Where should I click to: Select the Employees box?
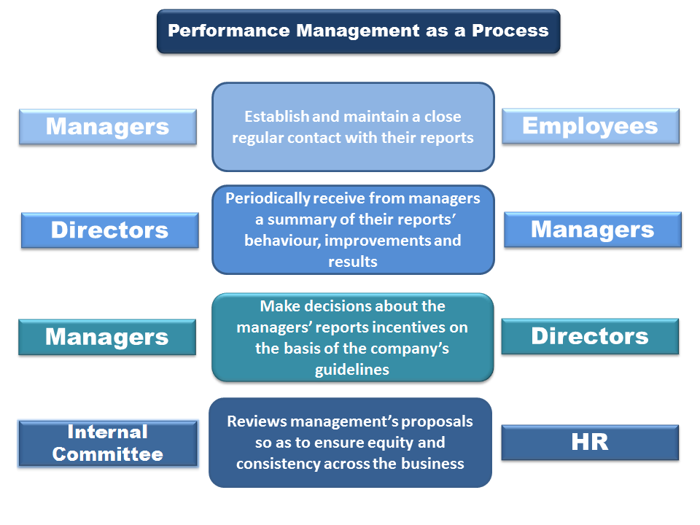[590, 126]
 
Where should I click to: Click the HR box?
[590, 442]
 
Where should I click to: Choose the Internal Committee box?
[108, 443]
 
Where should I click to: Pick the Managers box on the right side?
[592, 230]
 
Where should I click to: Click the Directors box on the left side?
[109, 230]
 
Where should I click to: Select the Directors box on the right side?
[590, 336]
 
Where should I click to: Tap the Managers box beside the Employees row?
[107, 126]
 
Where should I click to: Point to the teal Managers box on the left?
[107, 337]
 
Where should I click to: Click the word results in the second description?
[353, 261]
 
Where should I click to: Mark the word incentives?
[411, 327]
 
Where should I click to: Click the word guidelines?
[352, 370]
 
